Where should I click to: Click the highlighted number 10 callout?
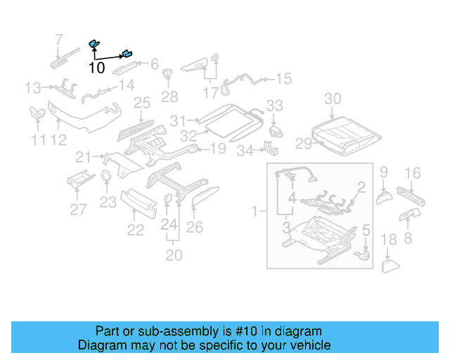coord(97,68)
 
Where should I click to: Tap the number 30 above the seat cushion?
coord(333,98)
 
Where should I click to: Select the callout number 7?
coord(59,39)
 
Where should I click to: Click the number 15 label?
coord(283,79)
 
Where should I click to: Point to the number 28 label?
coord(169,96)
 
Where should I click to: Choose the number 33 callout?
coord(274,105)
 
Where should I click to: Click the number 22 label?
coord(135,230)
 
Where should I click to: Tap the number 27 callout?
coord(78,209)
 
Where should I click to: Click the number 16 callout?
coord(413,173)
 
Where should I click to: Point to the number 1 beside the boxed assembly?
coord(256,210)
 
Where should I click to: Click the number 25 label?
coord(142,104)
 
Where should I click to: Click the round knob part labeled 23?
coord(106,176)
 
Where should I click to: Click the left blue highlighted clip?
coord(93,44)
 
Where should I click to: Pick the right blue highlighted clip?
coord(127,53)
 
